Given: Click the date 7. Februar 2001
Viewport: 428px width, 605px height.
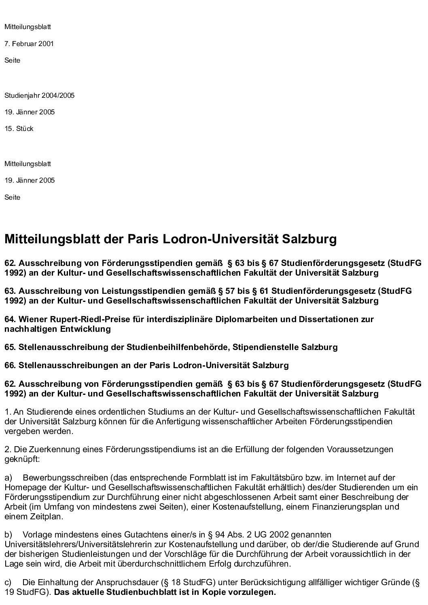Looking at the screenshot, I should coord(29,44).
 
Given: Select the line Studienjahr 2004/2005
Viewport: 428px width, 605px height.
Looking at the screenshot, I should coord(39,96).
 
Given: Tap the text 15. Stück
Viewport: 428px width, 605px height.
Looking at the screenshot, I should coord(19,129).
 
